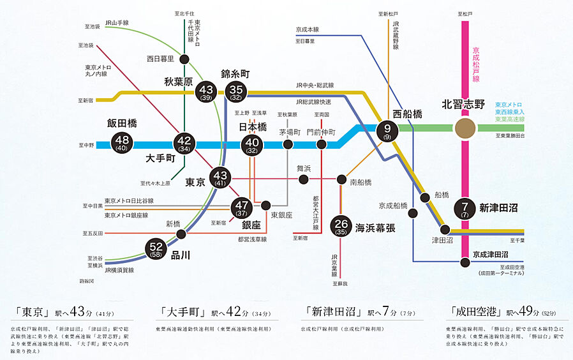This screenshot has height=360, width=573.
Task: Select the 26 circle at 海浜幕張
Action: [x=341, y=227]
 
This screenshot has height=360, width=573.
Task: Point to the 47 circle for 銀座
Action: [x=242, y=207]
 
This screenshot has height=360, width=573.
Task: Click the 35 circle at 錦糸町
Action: [x=236, y=91]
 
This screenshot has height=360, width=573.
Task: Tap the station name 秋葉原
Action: [x=179, y=81]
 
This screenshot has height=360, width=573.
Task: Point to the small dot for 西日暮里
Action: [x=184, y=59]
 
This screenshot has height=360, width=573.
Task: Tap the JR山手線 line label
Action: [x=118, y=23]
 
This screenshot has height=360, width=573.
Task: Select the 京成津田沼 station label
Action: [x=490, y=254]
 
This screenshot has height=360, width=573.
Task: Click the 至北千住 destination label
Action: [x=184, y=12]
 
